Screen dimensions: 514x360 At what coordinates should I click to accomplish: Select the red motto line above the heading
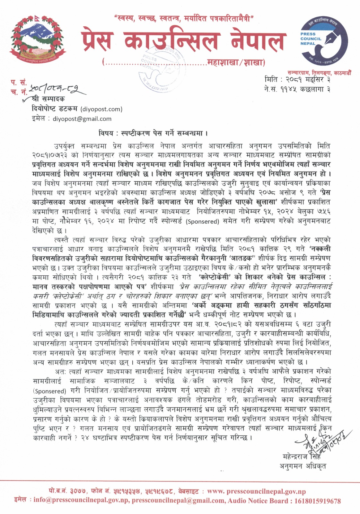tap(184, 19)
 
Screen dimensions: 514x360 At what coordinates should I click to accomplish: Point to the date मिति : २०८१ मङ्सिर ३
tap(297, 79)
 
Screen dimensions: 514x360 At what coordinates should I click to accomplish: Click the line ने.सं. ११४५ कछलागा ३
tap(297, 89)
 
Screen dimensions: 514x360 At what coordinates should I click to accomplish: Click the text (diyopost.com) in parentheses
tap(101, 109)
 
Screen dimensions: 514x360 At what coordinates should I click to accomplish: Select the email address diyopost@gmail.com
tap(82, 119)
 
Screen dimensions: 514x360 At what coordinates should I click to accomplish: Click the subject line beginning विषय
tap(153, 133)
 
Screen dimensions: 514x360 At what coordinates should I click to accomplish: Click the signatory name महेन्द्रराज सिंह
tap(302, 456)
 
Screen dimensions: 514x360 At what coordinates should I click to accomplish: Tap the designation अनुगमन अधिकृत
tap(303, 466)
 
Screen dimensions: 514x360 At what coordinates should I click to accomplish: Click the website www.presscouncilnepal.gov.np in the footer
tap(256, 492)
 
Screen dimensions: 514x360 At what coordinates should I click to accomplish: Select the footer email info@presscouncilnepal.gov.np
tap(81, 501)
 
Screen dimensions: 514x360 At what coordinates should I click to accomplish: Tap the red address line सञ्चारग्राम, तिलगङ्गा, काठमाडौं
tap(319, 73)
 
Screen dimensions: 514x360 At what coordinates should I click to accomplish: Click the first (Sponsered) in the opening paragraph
tap(202, 222)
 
